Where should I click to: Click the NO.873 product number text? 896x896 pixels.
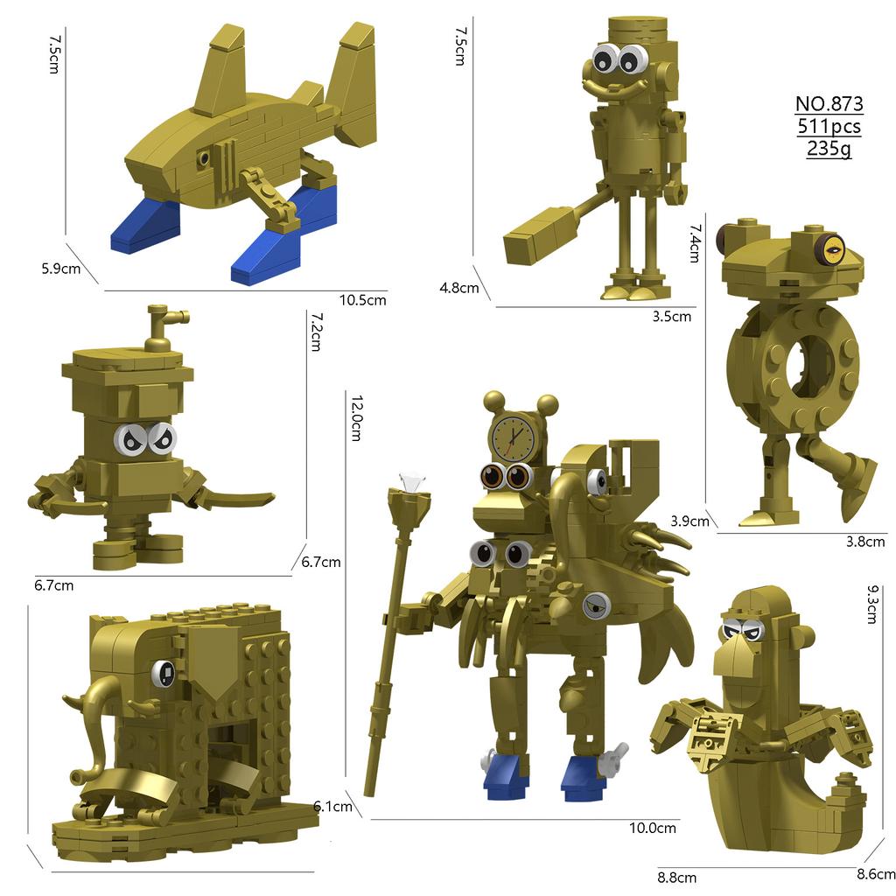click(x=829, y=104)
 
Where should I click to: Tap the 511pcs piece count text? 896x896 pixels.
click(x=829, y=127)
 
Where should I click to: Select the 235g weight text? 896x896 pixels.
click(x=829, y=149)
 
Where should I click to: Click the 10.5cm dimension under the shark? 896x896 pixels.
click(x=362, y=300)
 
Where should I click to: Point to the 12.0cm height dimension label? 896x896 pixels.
click(x=355, y=416)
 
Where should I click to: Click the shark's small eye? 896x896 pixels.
click(x=204, y=158)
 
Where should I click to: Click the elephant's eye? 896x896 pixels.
click(x=164, y=672)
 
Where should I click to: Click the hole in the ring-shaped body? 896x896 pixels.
click(x=806, y=369)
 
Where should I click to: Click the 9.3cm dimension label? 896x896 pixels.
click(x=871, y=604)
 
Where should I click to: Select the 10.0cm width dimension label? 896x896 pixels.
click(x=654, y=828)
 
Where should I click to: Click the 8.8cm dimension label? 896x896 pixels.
click(x=676, y=877)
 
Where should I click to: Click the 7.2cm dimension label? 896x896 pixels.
click(x=316, y=332)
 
